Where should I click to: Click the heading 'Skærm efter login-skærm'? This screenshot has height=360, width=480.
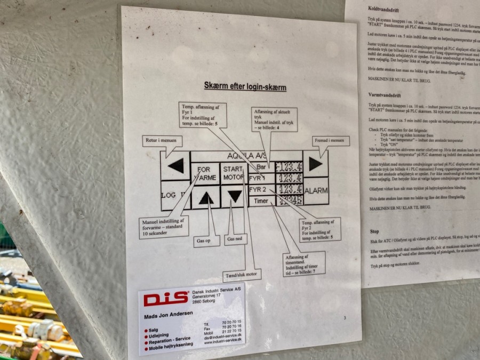coord(245,86)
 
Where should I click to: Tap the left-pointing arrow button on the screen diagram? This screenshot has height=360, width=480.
coord(176,165)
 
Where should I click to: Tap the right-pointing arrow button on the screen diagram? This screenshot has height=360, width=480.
coord(316,164)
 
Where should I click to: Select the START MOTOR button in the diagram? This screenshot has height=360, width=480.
coord(234,173)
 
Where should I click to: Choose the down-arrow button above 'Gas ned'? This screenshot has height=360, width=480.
coord(235,196)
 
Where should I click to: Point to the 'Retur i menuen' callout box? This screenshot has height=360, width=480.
coord(162,141)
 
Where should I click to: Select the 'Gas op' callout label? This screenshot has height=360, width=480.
coord(206,241)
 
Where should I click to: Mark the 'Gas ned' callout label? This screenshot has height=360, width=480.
coord(236,239)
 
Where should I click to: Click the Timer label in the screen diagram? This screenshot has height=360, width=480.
coord(261,201)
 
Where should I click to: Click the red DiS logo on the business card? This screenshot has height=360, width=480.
coord(166,299)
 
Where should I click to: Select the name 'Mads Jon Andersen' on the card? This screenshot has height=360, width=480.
coord(169,315)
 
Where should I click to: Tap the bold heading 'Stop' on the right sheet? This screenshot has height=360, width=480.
coord(374,232)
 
